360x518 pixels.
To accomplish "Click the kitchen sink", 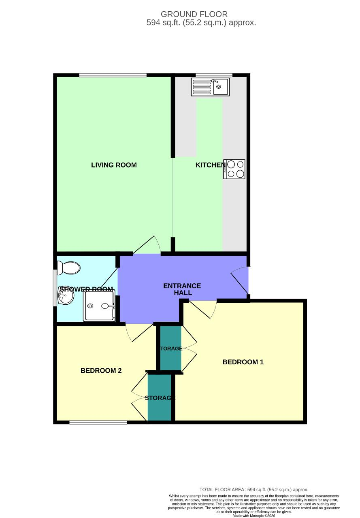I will pos(210,87).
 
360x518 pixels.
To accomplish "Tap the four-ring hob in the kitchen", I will pos(234,169).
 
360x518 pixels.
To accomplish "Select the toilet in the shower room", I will pos(69,267).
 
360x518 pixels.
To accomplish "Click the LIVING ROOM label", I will pos(114,165).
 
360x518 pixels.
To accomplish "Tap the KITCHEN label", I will pos(210,165).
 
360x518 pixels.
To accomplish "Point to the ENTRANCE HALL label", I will pos(182,289).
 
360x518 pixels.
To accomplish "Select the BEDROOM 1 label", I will pos(243,362).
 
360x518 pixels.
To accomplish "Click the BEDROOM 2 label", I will pos(101,371).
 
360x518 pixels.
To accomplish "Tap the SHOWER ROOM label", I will pos(86,289).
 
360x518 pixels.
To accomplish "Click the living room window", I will pos(113,75).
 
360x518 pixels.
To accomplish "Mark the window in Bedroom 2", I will pos(98,422).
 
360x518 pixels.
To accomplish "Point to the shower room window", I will pos(55,288).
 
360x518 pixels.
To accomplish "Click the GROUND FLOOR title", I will pos(194,15).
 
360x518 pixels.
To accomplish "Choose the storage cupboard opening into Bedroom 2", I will pos(160,398).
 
